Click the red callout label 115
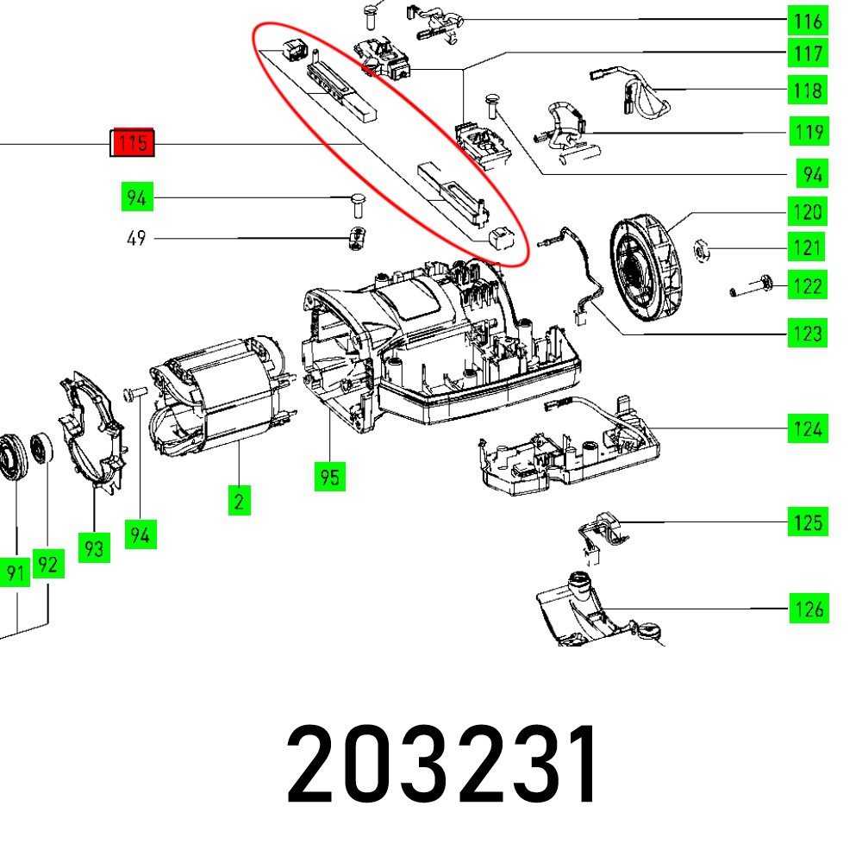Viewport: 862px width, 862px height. coord(132,143)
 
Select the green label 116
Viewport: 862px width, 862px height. coord(808,22)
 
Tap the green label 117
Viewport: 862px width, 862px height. coord(808,53)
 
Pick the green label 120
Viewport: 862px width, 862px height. coord(808,212)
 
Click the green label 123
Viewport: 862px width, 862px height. coord(808,333)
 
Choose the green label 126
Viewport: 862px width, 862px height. coord(809,609)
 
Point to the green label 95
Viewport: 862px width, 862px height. coord(330,477)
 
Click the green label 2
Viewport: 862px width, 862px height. coord(239,501)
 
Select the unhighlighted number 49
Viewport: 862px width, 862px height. coord(136,239)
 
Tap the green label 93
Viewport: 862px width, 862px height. coord(94,547)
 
